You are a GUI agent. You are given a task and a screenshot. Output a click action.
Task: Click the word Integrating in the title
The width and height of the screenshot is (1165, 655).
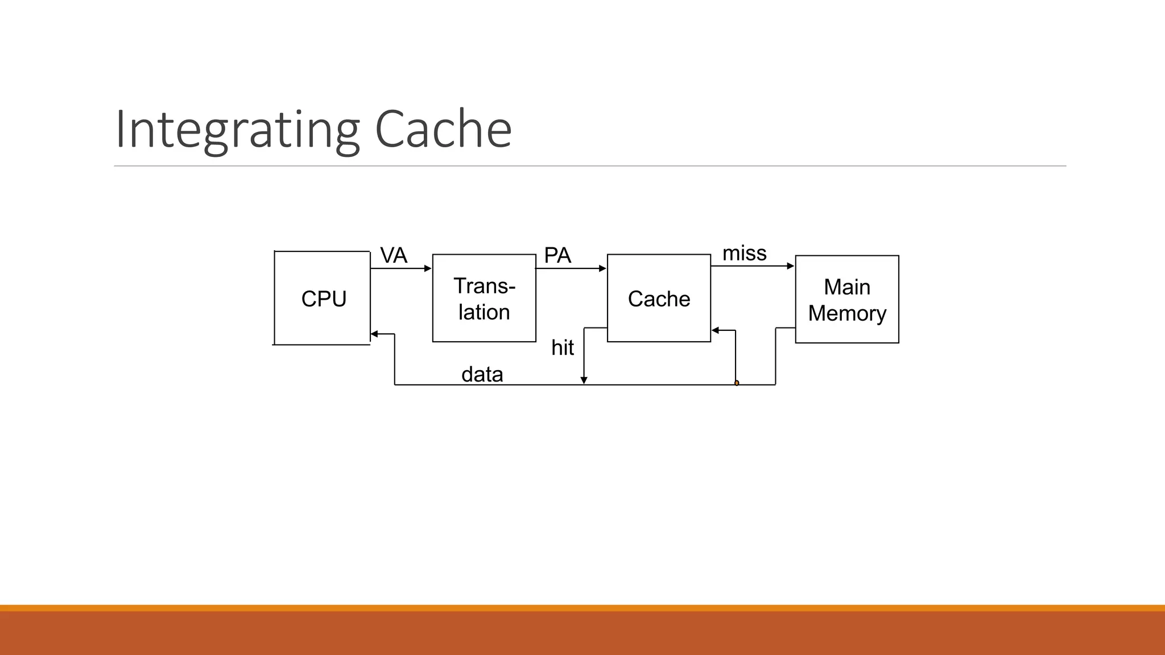pyautogui.click(x=237, y=130)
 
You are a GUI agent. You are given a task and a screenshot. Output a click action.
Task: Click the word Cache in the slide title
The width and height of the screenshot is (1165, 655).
pyautogui.click(x=443, y=130)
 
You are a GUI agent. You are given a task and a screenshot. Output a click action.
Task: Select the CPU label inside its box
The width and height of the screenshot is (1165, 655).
pyautogui.click(x=324, y=299)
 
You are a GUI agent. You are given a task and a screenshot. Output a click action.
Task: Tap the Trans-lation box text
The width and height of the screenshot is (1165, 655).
pyautogui.click(x=484, y=299)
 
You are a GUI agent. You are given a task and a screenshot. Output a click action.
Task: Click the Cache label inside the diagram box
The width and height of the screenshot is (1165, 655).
pyautogui.click(x=659, y=299)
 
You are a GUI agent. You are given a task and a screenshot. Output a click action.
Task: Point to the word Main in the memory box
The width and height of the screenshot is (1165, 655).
pyautogui.click(x=847, y=287)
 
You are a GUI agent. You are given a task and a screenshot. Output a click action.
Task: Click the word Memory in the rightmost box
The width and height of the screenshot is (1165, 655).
pyautogui.click(x=847, y=313)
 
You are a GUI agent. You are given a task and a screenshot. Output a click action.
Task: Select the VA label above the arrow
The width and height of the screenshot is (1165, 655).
pyautogui.click(x=394, y=255)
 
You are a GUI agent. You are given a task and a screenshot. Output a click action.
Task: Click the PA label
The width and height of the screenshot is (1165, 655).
pyautogui.click(x=557, y=255)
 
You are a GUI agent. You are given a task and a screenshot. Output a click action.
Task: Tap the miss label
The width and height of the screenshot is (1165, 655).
pyautogui.click(x=744, y=253)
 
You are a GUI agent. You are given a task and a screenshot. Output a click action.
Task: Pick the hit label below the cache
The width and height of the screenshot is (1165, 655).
pyautogui.click(x=563, y=347)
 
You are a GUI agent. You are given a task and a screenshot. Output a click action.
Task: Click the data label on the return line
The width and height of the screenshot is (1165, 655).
pyautogui.click(x=482, y=374)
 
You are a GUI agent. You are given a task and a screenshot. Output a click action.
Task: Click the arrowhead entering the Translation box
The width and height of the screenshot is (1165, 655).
pyautogui.click(x=428, y=268)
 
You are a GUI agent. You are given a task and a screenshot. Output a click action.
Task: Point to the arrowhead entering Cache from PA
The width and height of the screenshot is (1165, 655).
pyautogui.click(x=602, y=268)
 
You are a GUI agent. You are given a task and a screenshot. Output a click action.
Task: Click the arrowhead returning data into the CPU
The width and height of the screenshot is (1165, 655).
pyautogui.click(x=374, y=334)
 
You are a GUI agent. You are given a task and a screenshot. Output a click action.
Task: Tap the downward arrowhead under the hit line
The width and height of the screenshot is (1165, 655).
pyautogui.click(x=584, y=380)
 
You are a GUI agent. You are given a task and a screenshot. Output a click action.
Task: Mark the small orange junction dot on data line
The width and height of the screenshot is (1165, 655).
pyautogui.click(x=737, y=383)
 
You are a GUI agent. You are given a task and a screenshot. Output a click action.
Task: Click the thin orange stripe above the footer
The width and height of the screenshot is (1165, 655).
pyautogui.click(x=582, y=608)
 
